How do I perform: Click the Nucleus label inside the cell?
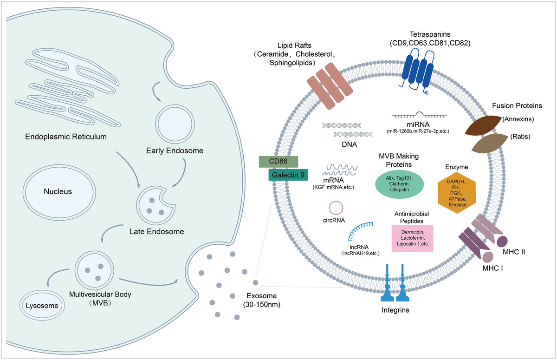(58, 191)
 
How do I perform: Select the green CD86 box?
(278, 162)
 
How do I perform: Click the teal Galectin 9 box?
(288, 175)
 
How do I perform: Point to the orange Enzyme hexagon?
(457, 193)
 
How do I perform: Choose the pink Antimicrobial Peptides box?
(413, 238)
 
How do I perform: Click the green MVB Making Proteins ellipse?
(399, 184)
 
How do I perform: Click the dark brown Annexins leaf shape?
(483, 125)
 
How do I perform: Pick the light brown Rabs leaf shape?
(489, 144)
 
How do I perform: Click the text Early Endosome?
(175, 151)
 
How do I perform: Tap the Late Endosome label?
(157, 231)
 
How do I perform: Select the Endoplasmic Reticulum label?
(66, 137)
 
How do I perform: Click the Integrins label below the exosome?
(395, 310)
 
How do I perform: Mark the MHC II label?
(514, 252)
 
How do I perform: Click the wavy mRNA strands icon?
(340, 170)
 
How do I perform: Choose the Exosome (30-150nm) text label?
(262, 300)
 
